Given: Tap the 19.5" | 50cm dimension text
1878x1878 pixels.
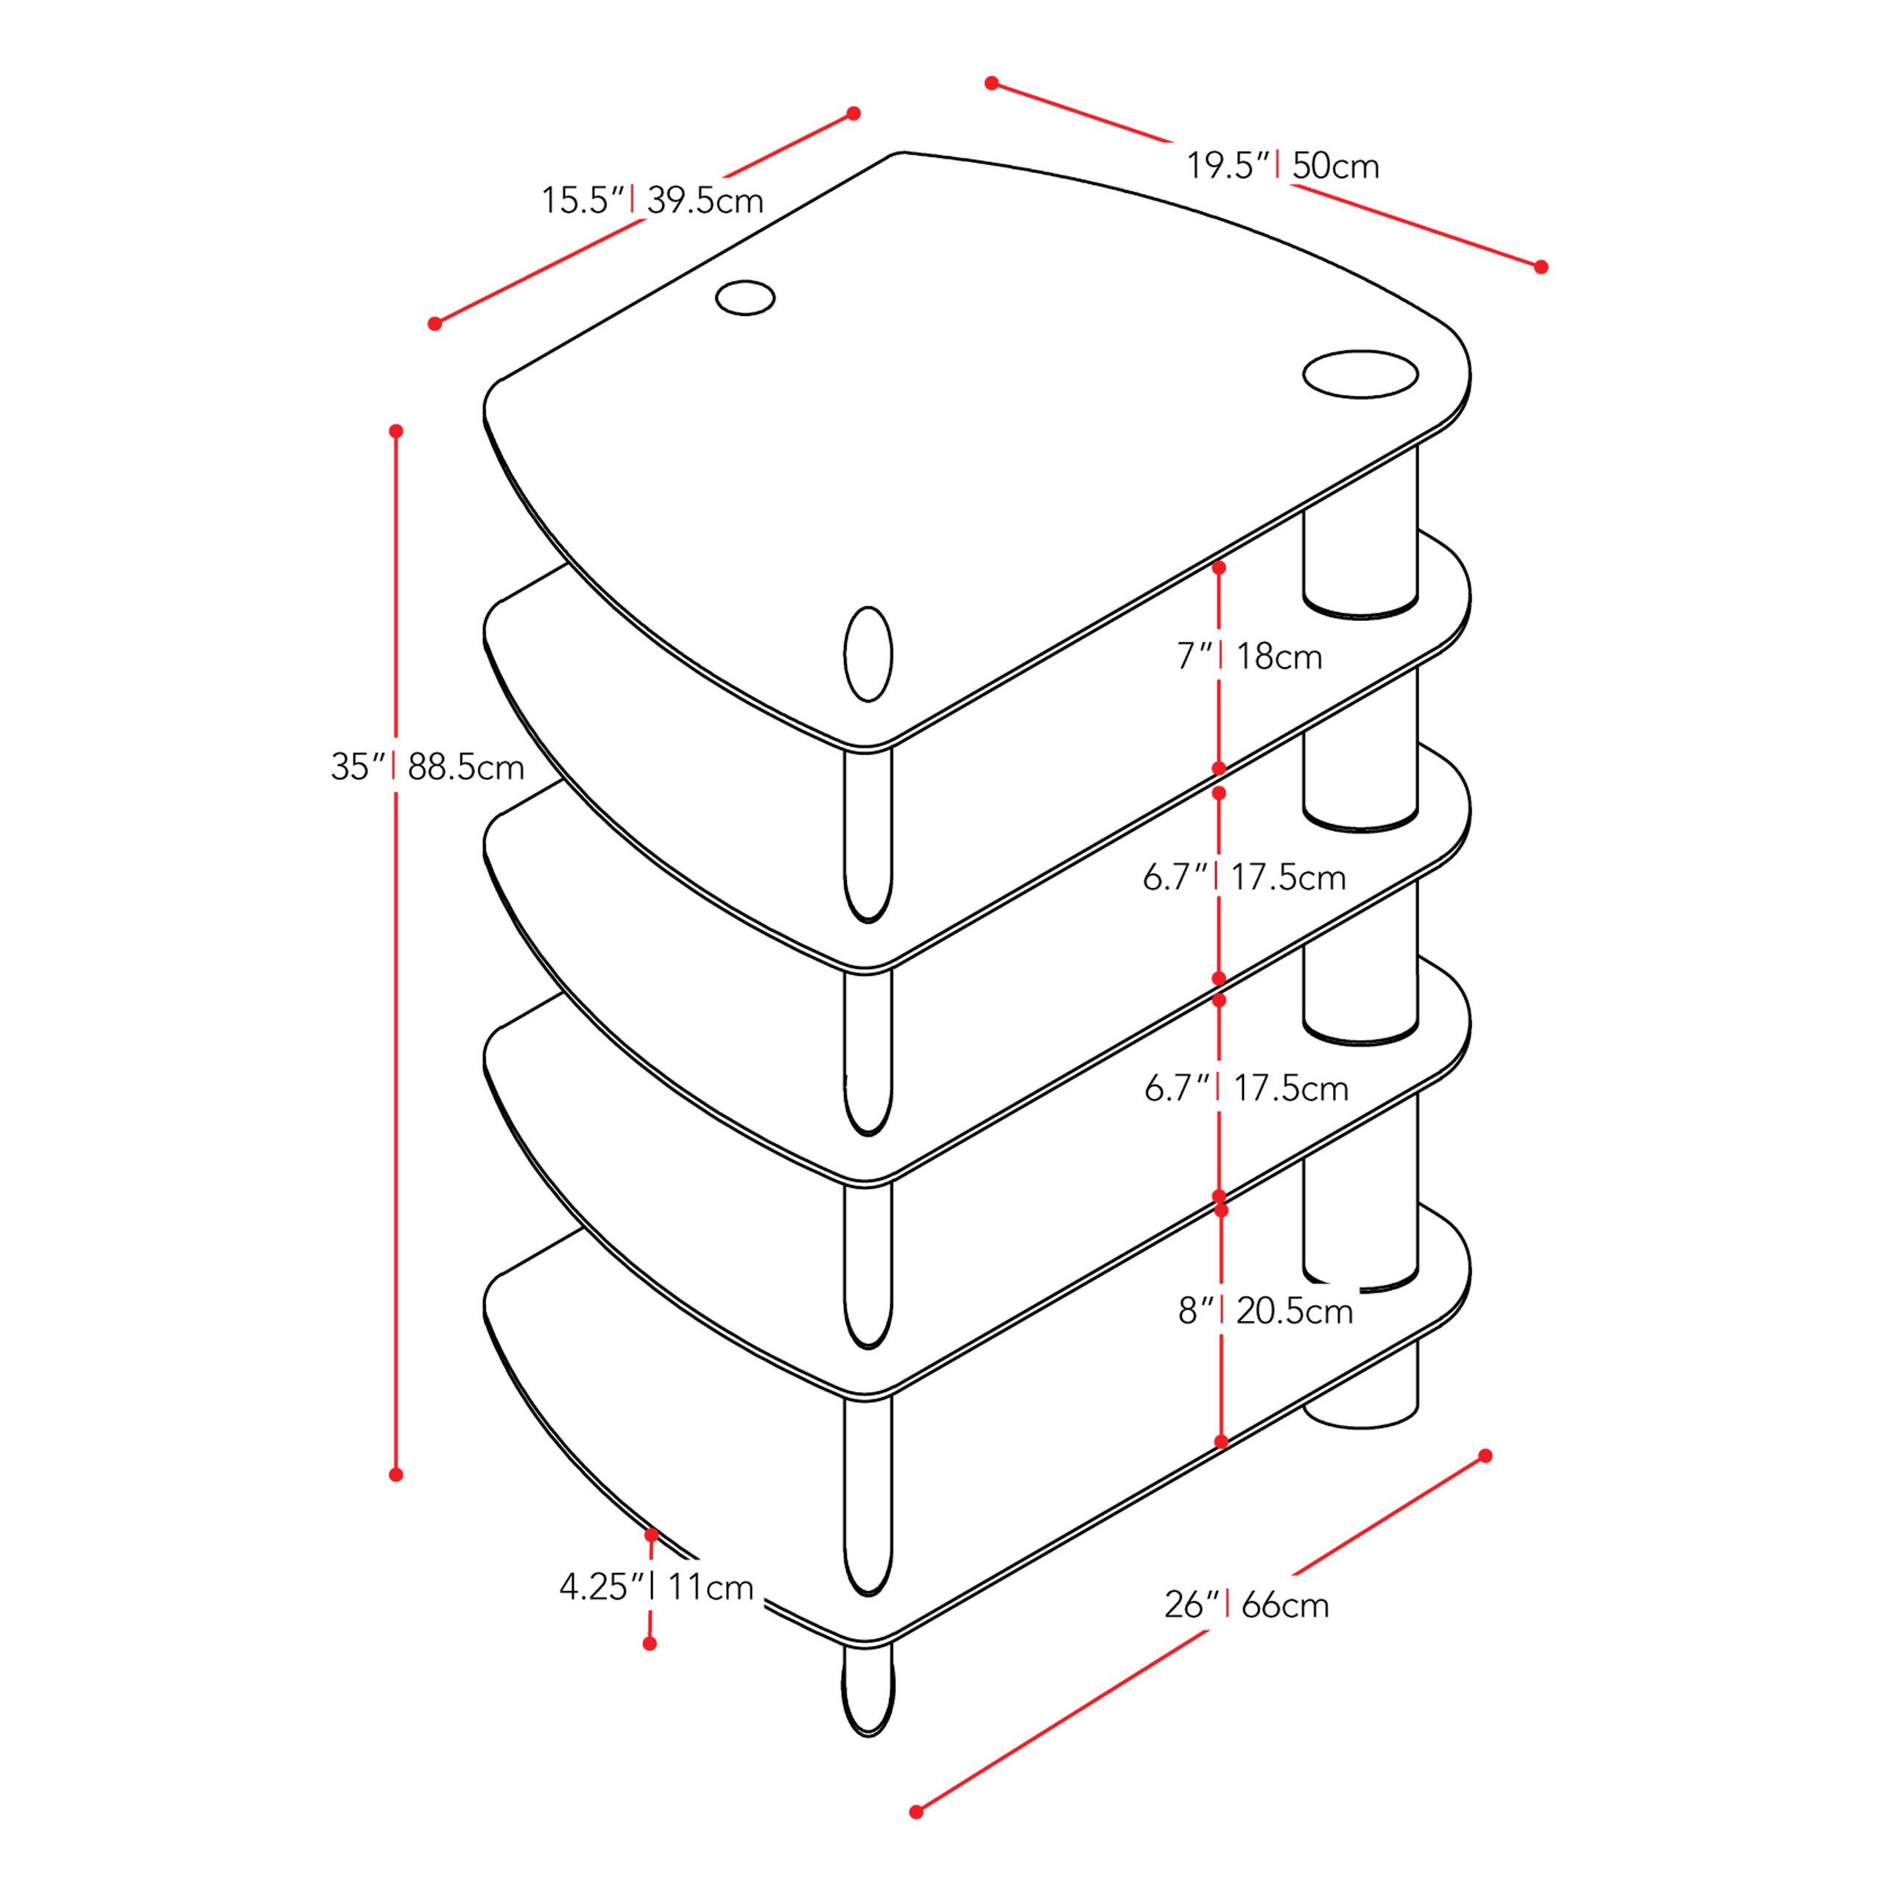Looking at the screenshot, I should tap(1282, 166).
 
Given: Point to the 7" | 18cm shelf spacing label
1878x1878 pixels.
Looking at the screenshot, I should tap(1249, 657).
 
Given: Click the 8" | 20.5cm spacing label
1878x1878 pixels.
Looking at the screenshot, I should tap(1265, 1312).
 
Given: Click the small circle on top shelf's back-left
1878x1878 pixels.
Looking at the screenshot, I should tap(745, 298).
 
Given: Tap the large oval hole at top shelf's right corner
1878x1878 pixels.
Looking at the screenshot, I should tap(1360, 374).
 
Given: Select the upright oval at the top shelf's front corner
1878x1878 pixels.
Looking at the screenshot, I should tap(868, 654).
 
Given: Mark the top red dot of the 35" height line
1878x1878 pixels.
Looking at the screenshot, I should tap(395, 431).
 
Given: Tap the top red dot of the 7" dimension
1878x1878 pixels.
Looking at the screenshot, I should tap(1219, 566).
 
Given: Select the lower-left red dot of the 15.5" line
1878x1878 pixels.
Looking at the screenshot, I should tap(435, 324).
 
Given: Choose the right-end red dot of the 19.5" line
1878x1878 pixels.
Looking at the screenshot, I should tap(1541, 267).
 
